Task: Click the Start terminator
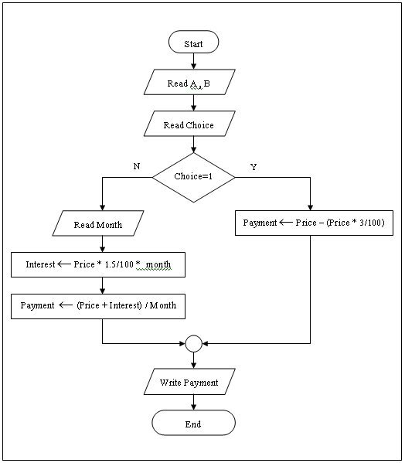tap(193, 43)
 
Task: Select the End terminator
tap(193, 424)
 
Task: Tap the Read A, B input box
tap(189, 83)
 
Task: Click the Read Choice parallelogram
tap(189, 124)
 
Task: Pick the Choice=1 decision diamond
tap(193, 176)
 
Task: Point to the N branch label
tap(137, 166)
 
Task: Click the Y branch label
tap(254, 166)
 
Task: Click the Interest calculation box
tap(98, 264)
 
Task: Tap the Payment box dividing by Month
tap(98, 305)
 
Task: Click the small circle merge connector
tap(193, 342)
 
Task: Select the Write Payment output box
tap(189, 382)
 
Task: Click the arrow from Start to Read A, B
tap(193, 61)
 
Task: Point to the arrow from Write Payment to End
tap(193, 402)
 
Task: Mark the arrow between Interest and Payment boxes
tap(102, 284)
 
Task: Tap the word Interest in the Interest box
tap(40, 264)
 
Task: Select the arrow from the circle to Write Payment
tap(193, 359)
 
